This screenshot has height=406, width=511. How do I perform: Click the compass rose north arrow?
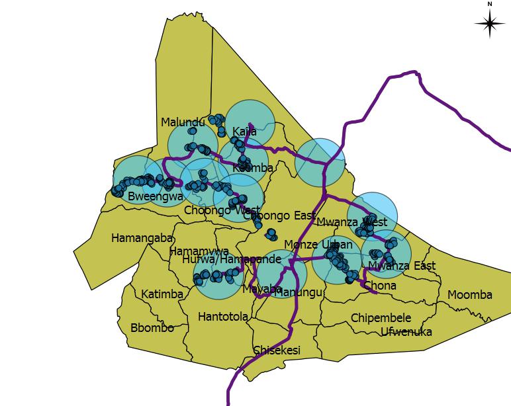(x=490, y=24)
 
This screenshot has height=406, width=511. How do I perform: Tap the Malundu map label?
(x=183, y=122)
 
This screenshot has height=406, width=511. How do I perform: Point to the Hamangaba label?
(x=142, y=238)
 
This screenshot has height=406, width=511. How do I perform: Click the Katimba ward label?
(x=162, y=294)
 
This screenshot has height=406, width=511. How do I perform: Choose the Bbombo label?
(x=152, y=328)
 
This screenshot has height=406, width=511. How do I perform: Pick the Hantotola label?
(x=223, y=317)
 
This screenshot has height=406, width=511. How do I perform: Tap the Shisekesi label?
(x=277, y=350)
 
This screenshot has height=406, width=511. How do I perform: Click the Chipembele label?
(x=381, y=318)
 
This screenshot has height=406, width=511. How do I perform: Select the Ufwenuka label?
(x=406, y=332)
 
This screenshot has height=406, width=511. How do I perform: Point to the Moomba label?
(x=470, y=295)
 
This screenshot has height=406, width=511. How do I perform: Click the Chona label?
(x=381, y=286)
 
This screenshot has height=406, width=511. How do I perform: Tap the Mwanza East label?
(x=402, y=266)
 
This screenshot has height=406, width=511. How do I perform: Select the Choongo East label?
(x=279, y=216)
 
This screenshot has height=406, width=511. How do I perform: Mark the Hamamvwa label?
(x=199, y=251)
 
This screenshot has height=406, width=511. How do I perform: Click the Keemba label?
(x=253, y=168)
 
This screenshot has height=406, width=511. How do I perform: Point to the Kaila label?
(x=244, y=132)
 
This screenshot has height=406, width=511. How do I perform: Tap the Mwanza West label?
(x=351, y=222)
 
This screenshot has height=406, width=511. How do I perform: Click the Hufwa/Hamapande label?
(x=232, y=259)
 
